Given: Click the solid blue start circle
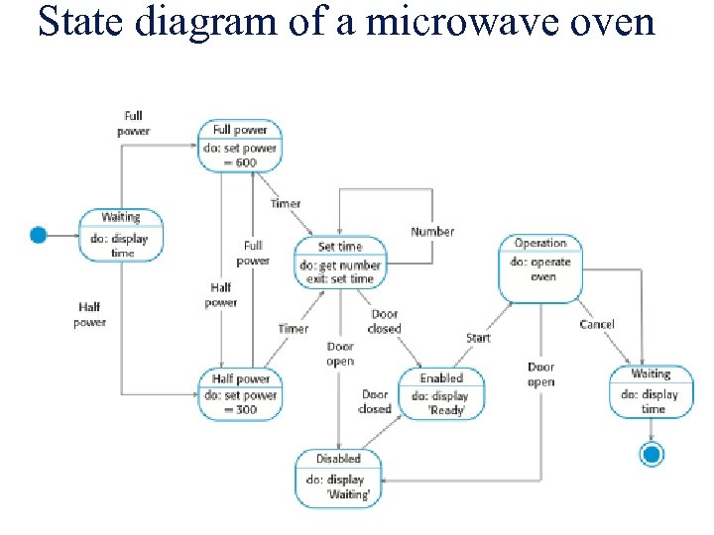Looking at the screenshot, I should point(38,235).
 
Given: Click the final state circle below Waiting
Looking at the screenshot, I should point(652,455).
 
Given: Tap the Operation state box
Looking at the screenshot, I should point(540,268).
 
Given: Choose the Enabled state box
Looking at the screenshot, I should point(441,393).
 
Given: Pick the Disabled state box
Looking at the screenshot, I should point(338,478).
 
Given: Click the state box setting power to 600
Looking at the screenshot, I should point(240,146).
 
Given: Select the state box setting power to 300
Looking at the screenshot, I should point(240,393).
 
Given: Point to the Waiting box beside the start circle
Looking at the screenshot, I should point(121,234).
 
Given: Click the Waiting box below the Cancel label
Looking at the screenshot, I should point(652,391).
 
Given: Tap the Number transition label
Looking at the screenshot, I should point(432,232).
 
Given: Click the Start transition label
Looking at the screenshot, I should point(478,338).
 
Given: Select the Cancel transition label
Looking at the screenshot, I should point(597,324).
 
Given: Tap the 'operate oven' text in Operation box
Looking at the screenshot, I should point(540,269).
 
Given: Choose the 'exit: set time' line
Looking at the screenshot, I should point(340,278).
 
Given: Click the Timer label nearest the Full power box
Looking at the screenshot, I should point(286,204).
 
